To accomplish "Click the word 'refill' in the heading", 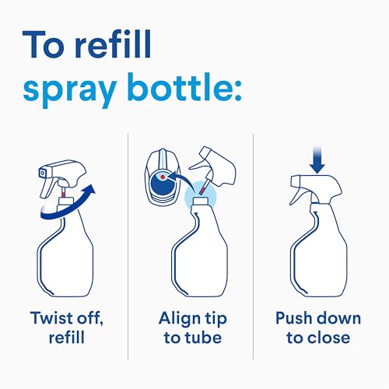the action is pyautogui.click(x=113, y=44).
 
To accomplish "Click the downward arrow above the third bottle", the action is pyautogui.click(x=317, y=160).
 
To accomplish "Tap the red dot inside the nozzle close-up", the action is pyautogui.click(x=163, y=177).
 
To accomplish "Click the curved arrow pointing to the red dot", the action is pyautogui.click(x=180, y=180).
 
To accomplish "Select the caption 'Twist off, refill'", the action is pyautogui.click(x=67, y=328).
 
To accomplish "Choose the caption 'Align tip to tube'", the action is pyautogui.click(x=193, y=328).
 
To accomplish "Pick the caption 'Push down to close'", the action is pyautogui.click(x=318, y=328).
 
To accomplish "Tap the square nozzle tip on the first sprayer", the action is pyautogui.click(x=43, y=173).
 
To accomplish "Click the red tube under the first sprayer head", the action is pyautogui.click(x=63, y=194).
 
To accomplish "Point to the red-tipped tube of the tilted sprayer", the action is pyautogui.click(x=204, y=187).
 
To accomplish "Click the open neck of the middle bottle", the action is pyautogui.click(x=200, y=201).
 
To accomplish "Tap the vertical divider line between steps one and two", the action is pyautogui.click(x=128, y=247).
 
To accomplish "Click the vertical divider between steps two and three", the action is pyautogui.click(x=253, y=247).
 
